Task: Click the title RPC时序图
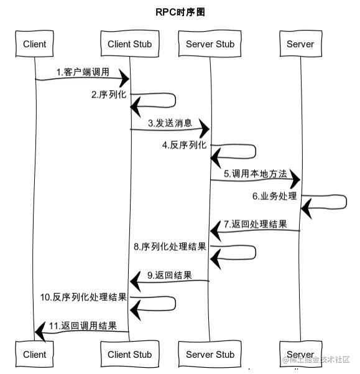point(180,12)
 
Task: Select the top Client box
point(34,44)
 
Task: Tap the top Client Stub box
point(129,44)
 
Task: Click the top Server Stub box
point(210,44)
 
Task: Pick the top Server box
point(300,44)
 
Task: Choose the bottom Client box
point(34,354)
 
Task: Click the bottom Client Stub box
point(129,354)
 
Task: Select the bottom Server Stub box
point(210,354)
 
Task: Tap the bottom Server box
point(300,354)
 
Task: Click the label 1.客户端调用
point(83,72)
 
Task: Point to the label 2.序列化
point(109,95)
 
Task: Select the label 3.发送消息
point(170,123)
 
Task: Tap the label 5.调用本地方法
point(256,174)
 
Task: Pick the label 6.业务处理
point(274,196)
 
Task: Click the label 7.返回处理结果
point(256,224)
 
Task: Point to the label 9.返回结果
point(170,275)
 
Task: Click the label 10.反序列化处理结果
point(83,297)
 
